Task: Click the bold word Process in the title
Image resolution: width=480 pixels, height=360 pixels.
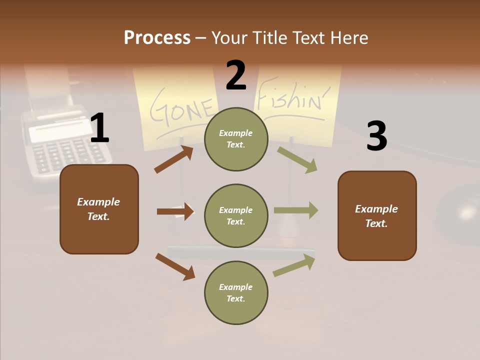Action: click(157, 38)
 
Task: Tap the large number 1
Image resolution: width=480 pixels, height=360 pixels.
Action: click(99, 128)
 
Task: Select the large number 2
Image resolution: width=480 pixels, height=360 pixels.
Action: click(236, 75)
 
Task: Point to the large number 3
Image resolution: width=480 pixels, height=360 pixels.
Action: click(376, 136)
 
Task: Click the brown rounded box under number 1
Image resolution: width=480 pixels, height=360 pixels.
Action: click(99, 209)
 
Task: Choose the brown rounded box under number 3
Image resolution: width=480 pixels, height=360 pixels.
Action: click(377, 215)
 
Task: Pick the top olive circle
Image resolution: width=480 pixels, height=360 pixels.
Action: click(236, 139)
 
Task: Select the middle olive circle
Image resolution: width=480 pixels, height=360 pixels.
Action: click(236, 215)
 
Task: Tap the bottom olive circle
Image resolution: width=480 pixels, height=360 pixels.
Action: click(236, 292)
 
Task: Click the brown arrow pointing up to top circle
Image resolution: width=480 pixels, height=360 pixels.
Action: click(173, 159)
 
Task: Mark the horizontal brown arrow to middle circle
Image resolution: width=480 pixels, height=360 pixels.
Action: click(175, 211)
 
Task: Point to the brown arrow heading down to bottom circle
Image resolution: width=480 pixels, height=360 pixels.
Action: click(175, 266)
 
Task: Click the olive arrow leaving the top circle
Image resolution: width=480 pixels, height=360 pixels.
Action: click(297, 159)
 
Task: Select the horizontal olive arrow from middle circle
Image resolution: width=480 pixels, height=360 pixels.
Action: click(295, 210)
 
